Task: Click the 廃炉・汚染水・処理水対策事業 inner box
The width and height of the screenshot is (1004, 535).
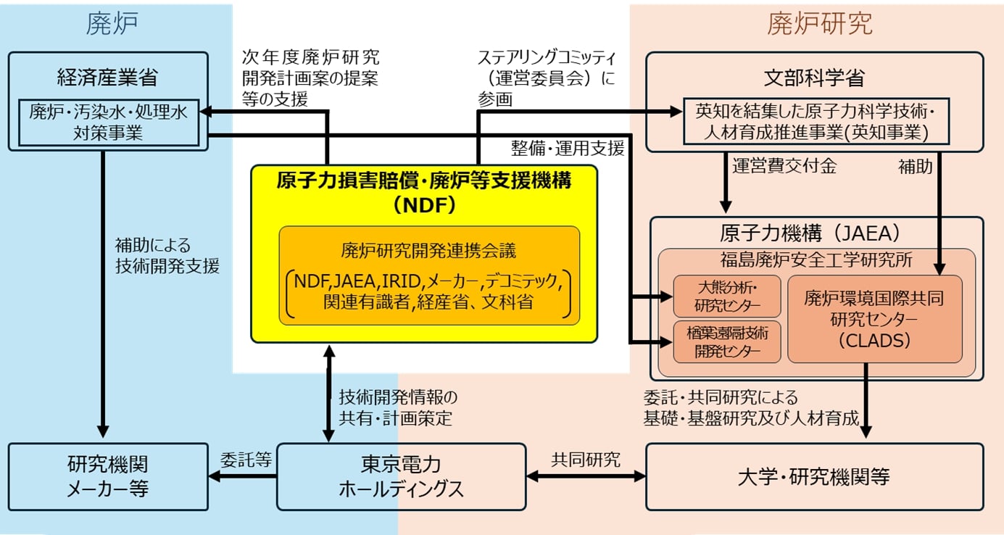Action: [107, 122]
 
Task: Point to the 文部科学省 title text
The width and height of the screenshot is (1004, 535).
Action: [813, 77]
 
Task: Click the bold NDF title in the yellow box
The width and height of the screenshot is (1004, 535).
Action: [423, 192]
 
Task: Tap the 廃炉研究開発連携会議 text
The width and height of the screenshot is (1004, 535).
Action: [429, 252]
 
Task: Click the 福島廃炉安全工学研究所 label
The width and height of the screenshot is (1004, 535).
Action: [816, 258]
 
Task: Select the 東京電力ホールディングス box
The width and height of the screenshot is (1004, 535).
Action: [401, 476]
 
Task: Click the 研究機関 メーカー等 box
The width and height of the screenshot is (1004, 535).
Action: [107, 476]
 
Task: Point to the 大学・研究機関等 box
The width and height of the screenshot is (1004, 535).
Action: [813, 476]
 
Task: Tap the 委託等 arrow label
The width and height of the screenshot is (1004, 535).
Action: [246, 459]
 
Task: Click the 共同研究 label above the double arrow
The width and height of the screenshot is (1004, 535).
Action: [585, 459]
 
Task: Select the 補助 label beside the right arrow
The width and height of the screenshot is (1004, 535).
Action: [915, 167]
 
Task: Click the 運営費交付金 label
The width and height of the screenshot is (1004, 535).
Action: [784, 167]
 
